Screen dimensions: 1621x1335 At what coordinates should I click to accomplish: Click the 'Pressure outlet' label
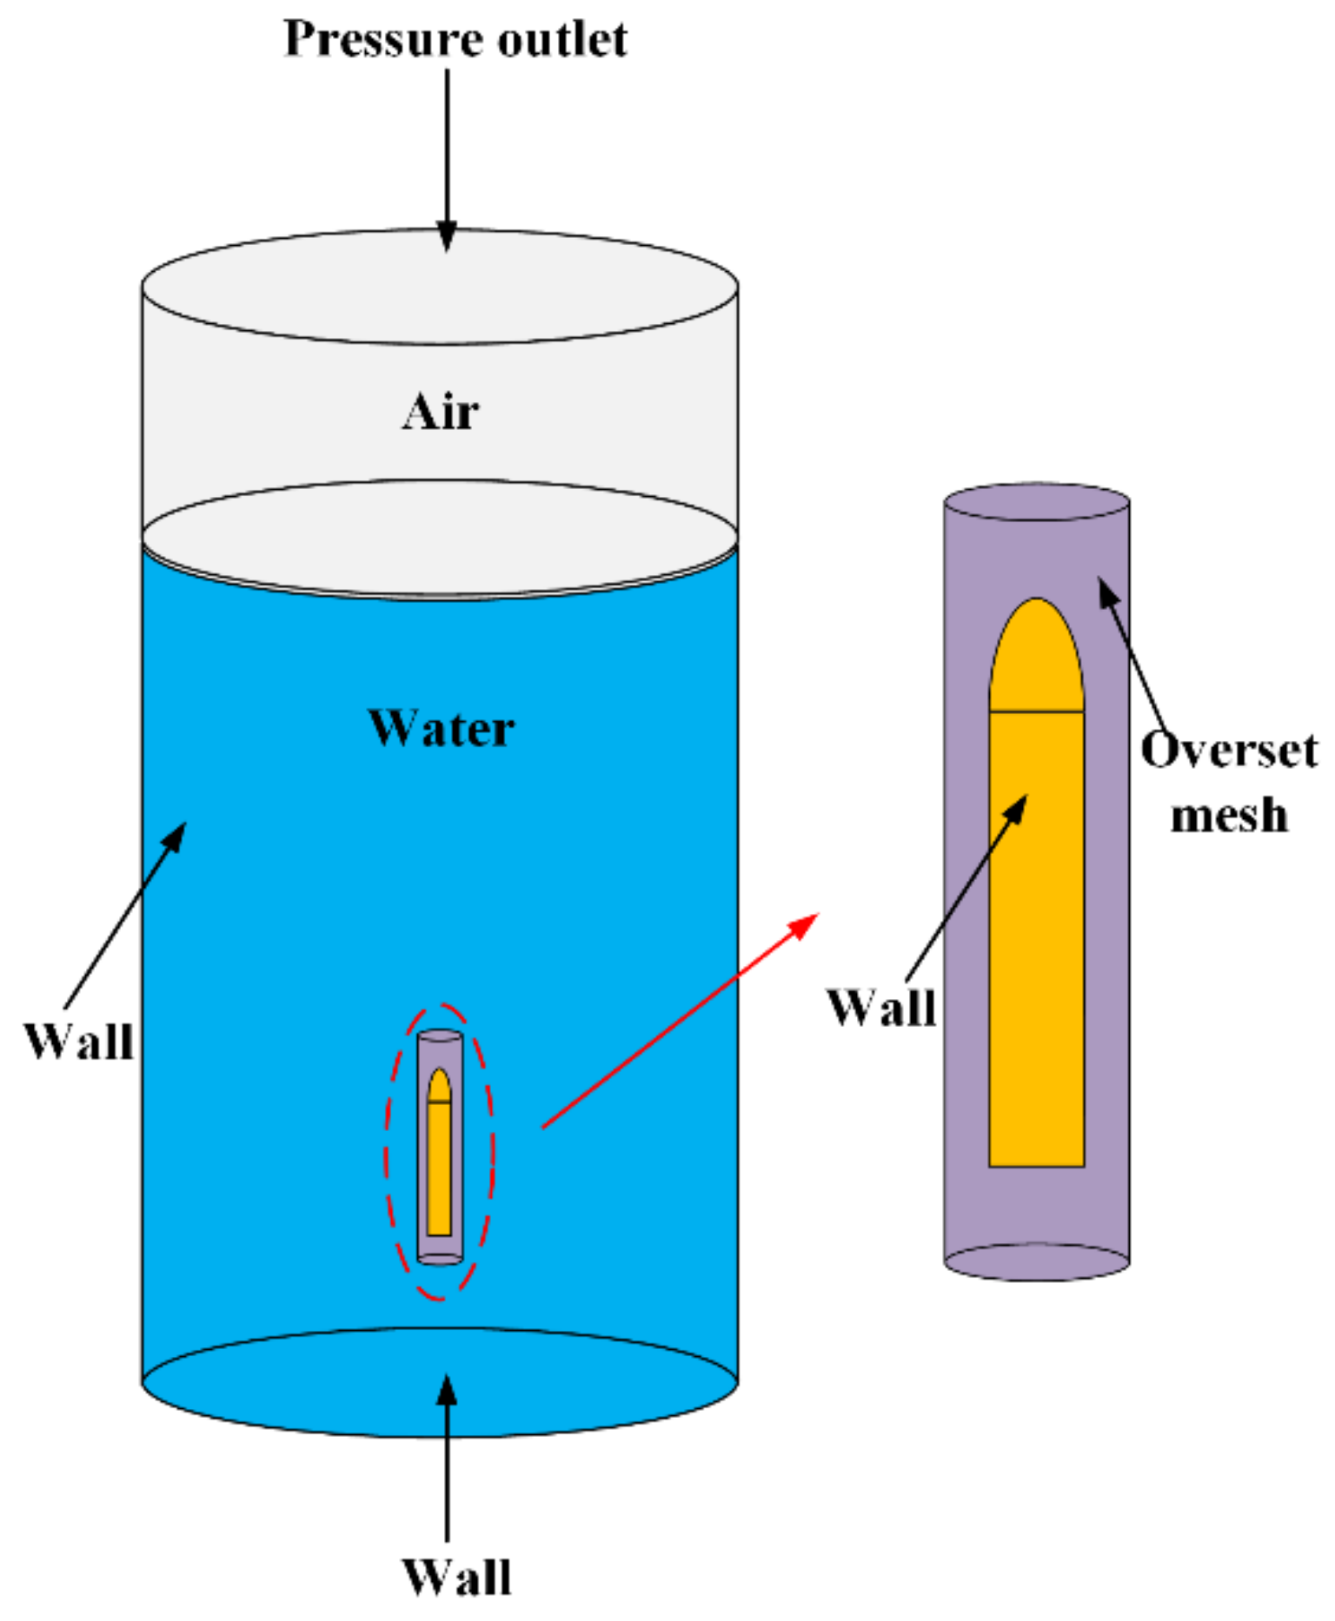click(x=455, y=39)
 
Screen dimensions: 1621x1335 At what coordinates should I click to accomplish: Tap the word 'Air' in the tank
click(x=440, y=412)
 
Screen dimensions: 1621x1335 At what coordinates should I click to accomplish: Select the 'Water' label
click(x=441, y=728)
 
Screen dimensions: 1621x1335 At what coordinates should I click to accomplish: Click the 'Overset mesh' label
click(x=1228, y=782)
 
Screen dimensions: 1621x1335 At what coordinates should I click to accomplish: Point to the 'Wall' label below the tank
click(x=456, y=1577)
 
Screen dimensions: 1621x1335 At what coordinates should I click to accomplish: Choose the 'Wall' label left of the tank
click(x=79, y=1041)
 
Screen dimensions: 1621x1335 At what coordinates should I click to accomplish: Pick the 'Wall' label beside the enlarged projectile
click(x=881, y=1008)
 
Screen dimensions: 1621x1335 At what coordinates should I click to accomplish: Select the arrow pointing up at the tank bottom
click(x=447, y=1459)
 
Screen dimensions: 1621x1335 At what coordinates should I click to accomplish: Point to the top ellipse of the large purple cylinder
click(x=1036, y=503)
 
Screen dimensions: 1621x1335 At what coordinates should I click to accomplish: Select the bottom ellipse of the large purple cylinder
click(x=1036, y=1261)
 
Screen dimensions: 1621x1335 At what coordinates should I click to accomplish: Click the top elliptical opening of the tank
click(x=440, y=287)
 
